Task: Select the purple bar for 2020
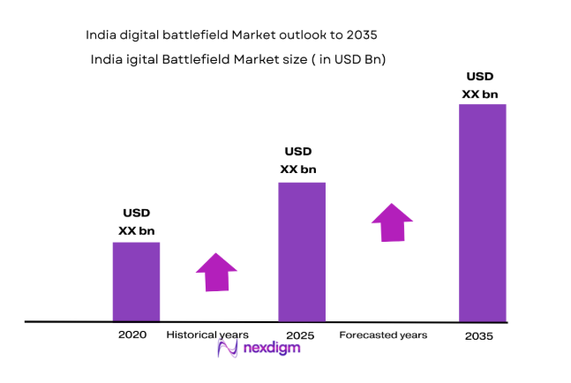click(136, 282)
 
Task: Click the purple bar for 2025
click(302, 252)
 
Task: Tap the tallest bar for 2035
click(482, 213)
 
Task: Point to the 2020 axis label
click(131, 335)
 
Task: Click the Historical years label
click(208, 335)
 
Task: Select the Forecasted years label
click(383, 335)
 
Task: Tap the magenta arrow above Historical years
click(216, 272)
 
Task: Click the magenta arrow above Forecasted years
click(391, 222)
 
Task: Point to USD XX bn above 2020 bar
click(136, 222)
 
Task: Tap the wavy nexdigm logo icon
click(228, 349)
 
